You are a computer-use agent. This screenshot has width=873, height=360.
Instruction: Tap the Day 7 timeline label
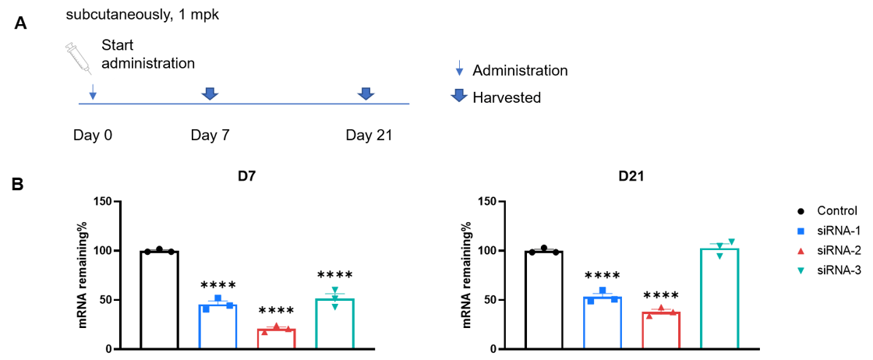click(210, 136)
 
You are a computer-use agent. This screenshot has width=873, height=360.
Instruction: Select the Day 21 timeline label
click(369, 136)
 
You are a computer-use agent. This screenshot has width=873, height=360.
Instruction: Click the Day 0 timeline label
click(93, 136)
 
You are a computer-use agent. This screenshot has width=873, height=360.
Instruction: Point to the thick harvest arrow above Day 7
click(210, 94)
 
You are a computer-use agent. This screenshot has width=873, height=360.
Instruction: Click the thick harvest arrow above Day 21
click(366, 94)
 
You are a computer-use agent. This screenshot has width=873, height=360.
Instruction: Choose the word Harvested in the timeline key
click(507, 98)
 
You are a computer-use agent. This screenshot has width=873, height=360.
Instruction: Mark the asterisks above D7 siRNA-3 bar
click(334, 275)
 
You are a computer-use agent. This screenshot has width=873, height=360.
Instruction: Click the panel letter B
click(19, 184)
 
